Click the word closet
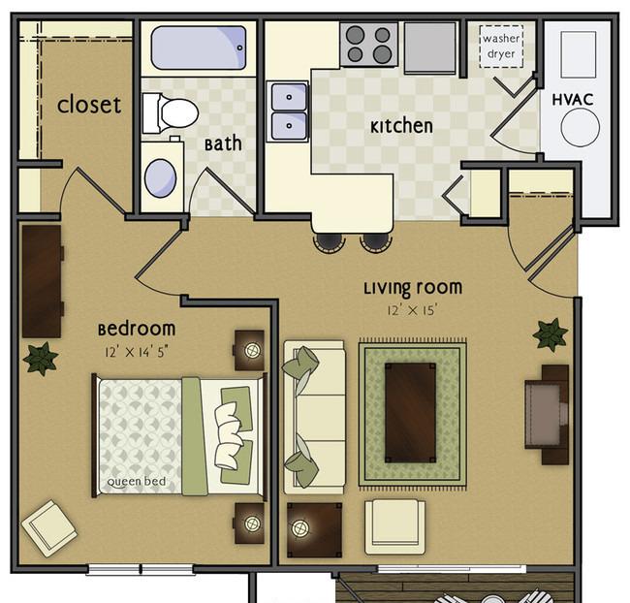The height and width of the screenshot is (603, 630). [89, 105]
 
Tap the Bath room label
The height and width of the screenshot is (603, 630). [223, 143]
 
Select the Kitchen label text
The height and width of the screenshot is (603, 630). [401, 126]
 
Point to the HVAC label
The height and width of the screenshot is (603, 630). [573, 99]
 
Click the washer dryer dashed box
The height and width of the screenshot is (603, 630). [501, 47]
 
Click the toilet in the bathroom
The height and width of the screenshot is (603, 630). [171, 113]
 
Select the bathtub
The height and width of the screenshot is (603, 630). [199, 48]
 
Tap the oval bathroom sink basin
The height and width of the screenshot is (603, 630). [160, 178]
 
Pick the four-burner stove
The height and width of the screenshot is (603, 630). [368, 45]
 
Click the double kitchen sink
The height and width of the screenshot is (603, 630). [289, 111]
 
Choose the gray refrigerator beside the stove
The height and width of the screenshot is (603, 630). [430, 48]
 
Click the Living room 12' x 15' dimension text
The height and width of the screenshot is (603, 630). [412, 310]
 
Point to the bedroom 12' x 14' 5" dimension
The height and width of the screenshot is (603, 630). [137, 352]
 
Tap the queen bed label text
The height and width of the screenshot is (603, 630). [137, 481]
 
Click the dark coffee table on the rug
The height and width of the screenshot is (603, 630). [410, 413]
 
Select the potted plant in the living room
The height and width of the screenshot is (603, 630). [551, 335]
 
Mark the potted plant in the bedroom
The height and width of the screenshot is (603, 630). [40, 358]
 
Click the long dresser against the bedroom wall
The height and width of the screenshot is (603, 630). [42, 281]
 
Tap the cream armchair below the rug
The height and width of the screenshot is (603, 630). [394, 527]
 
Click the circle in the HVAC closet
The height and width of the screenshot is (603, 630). [581, 127]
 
